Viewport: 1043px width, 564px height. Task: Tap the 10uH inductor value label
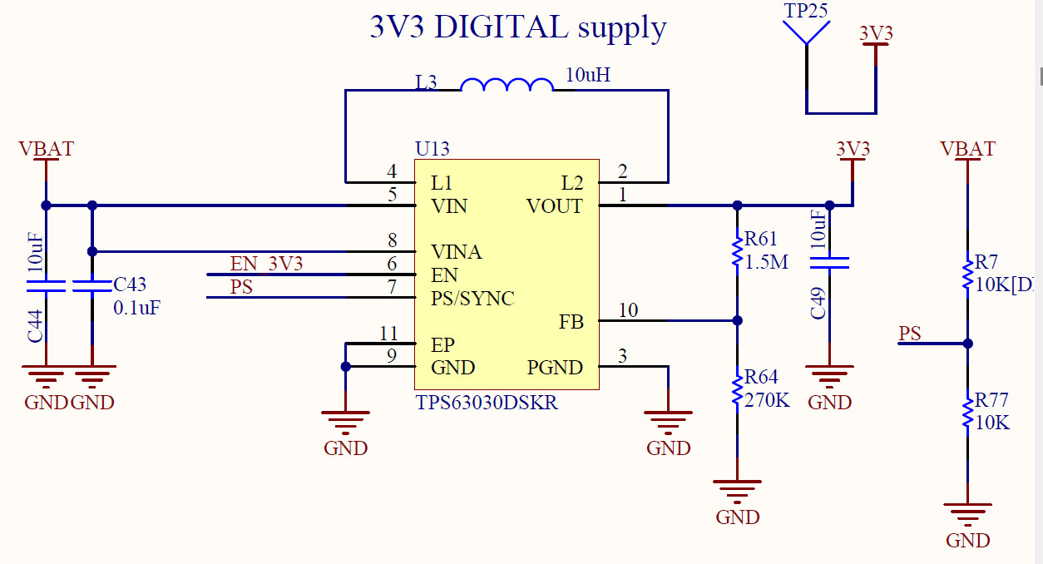click(587, 75)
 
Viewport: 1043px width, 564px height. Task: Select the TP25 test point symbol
click(807, 32)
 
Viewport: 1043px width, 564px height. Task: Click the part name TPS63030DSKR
click(486, 403)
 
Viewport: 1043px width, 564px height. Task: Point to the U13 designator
click(432, 149)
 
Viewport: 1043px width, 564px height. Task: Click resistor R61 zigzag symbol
click(737, 252)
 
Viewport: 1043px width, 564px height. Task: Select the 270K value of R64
click(767, 400)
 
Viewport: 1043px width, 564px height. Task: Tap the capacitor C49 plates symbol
click(829, 264)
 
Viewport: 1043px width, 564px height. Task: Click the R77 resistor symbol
click(967, 413)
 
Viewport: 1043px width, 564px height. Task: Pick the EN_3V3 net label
click(266, 265)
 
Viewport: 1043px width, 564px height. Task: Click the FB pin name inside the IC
click(571, 322)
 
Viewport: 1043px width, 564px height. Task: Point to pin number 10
click(628, 310)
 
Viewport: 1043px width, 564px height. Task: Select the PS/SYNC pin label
click(472, 298)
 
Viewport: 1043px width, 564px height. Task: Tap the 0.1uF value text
click(136, 307)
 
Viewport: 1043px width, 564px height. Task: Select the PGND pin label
click(555, 368)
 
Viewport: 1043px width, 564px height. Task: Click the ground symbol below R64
click(737, 487)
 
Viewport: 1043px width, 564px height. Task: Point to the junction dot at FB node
click(737, 320)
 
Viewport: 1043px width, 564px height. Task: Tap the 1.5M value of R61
click(767, 262)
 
